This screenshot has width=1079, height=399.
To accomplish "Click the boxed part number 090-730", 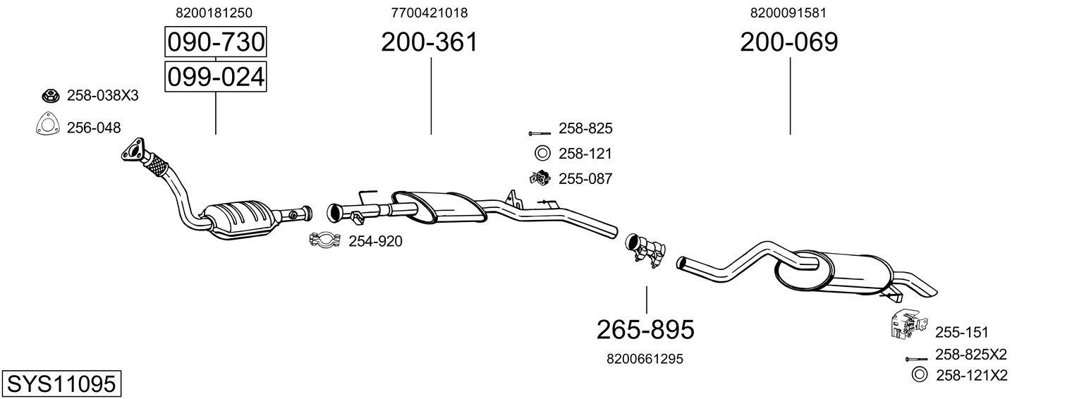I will tap(215, 43).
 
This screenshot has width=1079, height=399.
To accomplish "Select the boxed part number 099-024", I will tap(215, 76).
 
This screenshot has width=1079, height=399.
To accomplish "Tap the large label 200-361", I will tap(429, 42).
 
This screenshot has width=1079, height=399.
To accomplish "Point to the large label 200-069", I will tap(788, 42).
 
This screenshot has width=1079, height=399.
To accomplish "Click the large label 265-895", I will tap(645, 329).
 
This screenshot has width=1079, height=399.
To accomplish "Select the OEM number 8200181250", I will tap(214, 13).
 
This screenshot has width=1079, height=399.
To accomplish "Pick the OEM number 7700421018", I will tap(429, 13).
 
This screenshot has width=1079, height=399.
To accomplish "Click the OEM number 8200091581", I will tap(788, 13).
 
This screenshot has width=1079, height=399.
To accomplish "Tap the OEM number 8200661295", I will tap(645, 359).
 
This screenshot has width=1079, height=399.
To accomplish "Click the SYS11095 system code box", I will tap(61, 384).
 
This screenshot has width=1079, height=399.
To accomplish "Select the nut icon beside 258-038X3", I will tap(50, 96).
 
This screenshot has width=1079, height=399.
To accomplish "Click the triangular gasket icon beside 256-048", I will tap(47, 126).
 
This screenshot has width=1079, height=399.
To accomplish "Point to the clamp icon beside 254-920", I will tap(325, 241).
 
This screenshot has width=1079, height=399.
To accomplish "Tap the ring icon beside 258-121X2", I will tap(919, 375).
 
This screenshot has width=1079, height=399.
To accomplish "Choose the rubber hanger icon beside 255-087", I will tap(539, 178).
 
